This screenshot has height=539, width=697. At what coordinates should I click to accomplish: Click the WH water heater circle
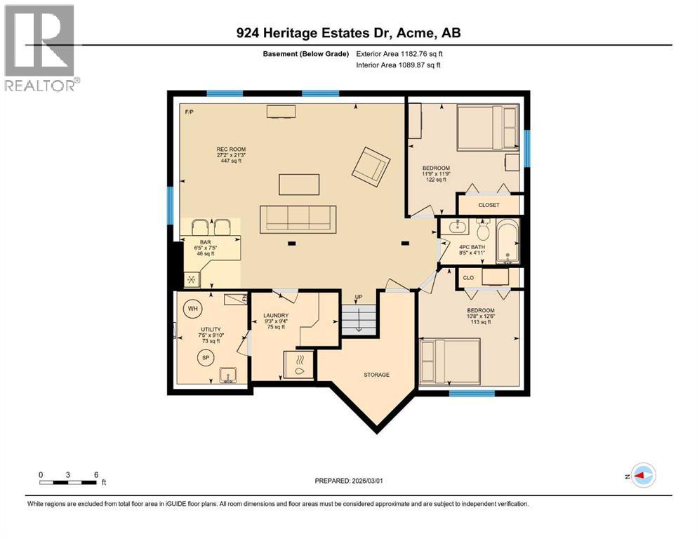pyautogui.click(x=192, y=308)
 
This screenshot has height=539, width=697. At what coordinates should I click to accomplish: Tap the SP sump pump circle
pyautogui.click(x=206, y=357)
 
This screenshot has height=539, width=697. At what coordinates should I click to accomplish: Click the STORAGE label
pyautogui.click(x=376, y=375)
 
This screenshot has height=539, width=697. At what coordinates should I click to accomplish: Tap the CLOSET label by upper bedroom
pyautogui.click(x=488, y=205)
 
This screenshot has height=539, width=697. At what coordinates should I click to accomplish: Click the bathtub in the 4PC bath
pyautogui.click(x=506, y=242)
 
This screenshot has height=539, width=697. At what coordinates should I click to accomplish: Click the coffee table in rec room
pyautogui.click(x=298, y=184)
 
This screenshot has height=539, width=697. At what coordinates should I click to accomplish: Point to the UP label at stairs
pyautogui.click(x=358, y=297)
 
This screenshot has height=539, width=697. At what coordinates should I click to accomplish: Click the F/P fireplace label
pyautogui.click(x=189, y=112)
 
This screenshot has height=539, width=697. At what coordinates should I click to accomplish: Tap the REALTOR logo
pyautogui.click(x=40, y=48)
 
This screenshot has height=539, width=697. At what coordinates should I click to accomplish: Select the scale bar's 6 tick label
pyautogui.click(x=95, y=474)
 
